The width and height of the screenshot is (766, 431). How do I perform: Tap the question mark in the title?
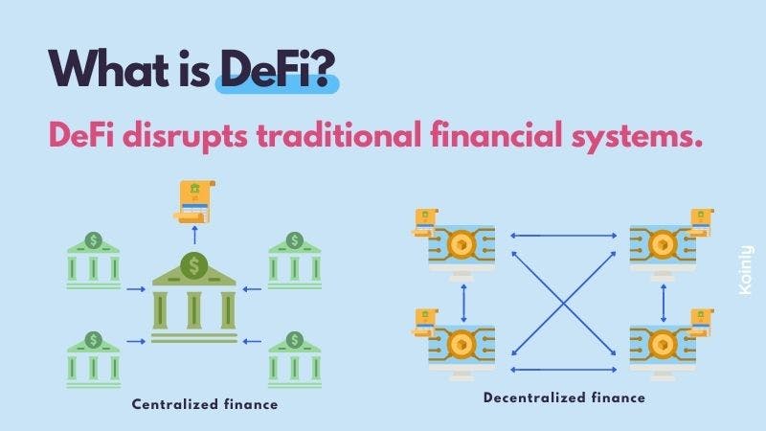[x=324, y=68]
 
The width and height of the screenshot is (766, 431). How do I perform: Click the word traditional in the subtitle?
[x=339, y=135]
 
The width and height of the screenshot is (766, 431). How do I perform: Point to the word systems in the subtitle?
[x=637, y=137]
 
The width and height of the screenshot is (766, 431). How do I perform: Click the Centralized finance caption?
[x=205, y=404]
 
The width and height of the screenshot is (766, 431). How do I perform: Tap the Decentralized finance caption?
[x=564, y=397]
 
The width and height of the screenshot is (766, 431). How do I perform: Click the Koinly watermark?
[x=746, y=270]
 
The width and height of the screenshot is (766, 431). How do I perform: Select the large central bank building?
[x=194, y=297]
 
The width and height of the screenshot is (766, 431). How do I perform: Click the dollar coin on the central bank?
[x=194, y=265]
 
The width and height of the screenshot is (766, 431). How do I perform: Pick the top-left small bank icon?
[x=93, y=261]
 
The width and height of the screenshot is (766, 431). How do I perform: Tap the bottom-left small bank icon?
[x=93, y=360]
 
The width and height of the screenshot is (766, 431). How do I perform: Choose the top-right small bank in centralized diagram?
[x=295, y=261]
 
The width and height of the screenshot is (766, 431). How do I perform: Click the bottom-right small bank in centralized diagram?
[x=295, y=360]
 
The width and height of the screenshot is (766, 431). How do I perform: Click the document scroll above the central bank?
[x=195, y=202]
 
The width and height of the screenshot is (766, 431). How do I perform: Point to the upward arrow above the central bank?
[x=195, y=235]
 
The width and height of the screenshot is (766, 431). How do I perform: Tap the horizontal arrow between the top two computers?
[x=563, y=236]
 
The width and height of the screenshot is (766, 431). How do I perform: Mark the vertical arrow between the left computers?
[x=463, y=303]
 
